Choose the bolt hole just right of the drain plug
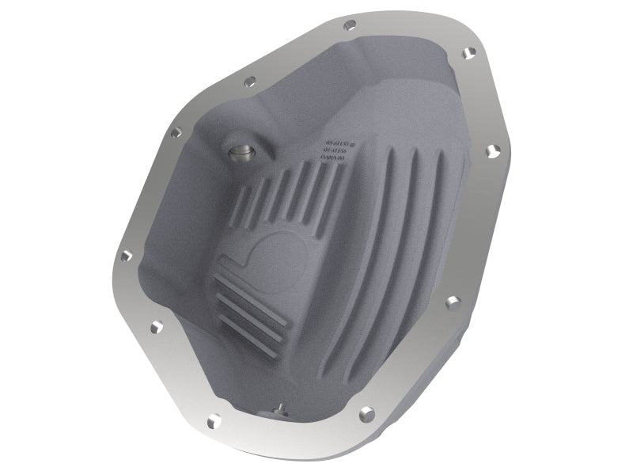pos(366,412)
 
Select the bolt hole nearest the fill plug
pos(170,135)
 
